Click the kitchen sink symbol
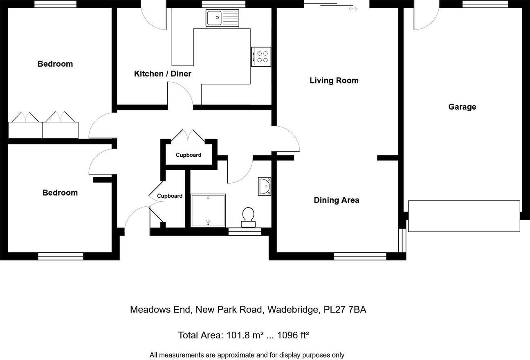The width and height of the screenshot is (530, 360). (x=222, y=18)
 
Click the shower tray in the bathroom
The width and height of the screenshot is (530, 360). (x=208, y=210)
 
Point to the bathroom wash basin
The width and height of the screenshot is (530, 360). (x=265, y=187)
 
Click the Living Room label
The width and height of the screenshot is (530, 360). (x=334, y=81)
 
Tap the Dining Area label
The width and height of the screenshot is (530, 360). (x=336, y=200)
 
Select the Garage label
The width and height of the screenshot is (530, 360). (x=462, y=107)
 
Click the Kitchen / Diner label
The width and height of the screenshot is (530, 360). (x=163, y=74)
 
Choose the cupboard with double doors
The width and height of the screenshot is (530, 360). (x=189, y=155)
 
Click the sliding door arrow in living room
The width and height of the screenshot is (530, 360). (x=353, y=9)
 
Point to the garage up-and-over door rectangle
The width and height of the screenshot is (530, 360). (x=464, y=216)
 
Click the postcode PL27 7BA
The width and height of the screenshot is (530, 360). (x=345, y=310)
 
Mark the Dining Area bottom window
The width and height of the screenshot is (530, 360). (x=360, y=256)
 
